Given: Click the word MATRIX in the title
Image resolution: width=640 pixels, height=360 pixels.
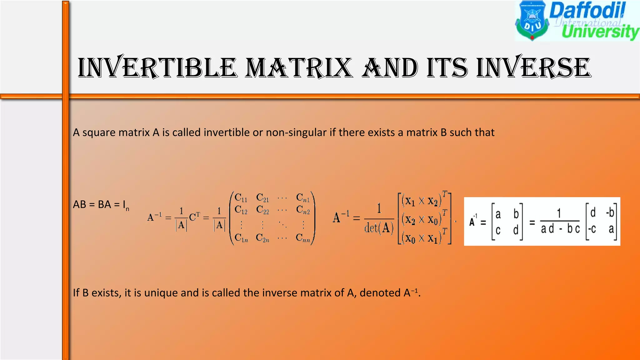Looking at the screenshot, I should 299,68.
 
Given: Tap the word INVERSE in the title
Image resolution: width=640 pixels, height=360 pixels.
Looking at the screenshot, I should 534,68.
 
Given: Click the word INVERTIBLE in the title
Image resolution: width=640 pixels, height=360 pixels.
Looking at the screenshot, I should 157,68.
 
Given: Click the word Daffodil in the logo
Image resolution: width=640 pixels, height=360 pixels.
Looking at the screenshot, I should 587,10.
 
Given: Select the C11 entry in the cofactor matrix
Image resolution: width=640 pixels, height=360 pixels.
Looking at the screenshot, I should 241,198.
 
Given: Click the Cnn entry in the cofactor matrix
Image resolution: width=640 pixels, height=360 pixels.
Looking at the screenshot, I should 303,238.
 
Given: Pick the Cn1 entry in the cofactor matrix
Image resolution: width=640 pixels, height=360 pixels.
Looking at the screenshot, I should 303,198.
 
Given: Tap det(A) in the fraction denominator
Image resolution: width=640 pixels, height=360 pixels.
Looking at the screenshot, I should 379,228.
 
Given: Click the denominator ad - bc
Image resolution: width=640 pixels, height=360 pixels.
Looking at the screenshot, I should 560,229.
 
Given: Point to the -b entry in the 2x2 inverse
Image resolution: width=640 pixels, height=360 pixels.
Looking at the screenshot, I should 610,213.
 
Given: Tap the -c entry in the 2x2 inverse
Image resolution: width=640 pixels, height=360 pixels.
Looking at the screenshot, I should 592,229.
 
